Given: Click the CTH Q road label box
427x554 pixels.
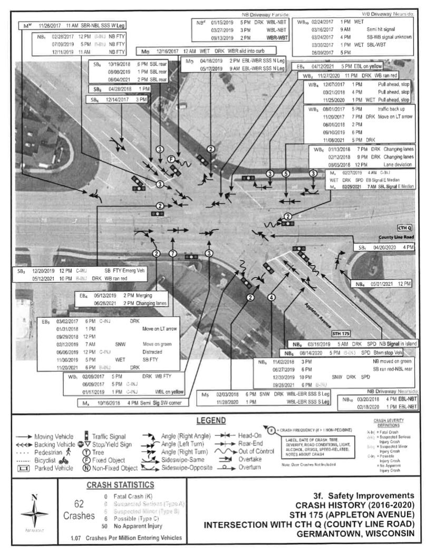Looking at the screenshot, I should point(404,228).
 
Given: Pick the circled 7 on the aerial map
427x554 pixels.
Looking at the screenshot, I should point(172,254).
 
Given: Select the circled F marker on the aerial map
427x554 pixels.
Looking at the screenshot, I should point(171,159).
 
